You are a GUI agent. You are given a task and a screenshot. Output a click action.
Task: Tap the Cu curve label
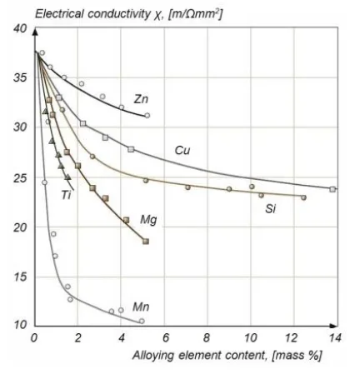pos(183,150)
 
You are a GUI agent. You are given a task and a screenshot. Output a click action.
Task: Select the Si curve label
pos(271,208)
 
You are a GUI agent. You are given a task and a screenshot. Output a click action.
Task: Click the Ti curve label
pos(66,195)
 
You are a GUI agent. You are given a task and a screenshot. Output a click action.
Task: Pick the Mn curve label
pos(141,307)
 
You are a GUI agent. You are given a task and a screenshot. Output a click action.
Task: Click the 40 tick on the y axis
pos(18,30)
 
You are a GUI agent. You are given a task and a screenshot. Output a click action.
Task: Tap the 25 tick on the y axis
pos(18,178)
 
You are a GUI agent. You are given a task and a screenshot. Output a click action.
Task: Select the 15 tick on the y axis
pos(18,277)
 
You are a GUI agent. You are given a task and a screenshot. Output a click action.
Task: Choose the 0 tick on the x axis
pos(33,337)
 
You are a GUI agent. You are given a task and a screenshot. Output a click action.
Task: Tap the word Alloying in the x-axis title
pos(153,356)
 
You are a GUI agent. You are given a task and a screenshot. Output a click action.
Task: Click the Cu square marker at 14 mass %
pos(332,189)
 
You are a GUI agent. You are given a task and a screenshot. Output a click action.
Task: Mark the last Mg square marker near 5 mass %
pos(146,242)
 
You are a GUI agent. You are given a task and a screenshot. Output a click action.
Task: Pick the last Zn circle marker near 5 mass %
pos(147,116)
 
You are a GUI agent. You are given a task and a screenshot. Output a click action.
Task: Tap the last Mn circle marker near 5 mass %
pos(142,321)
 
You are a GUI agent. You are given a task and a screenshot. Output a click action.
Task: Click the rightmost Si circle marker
pos(303,197)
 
